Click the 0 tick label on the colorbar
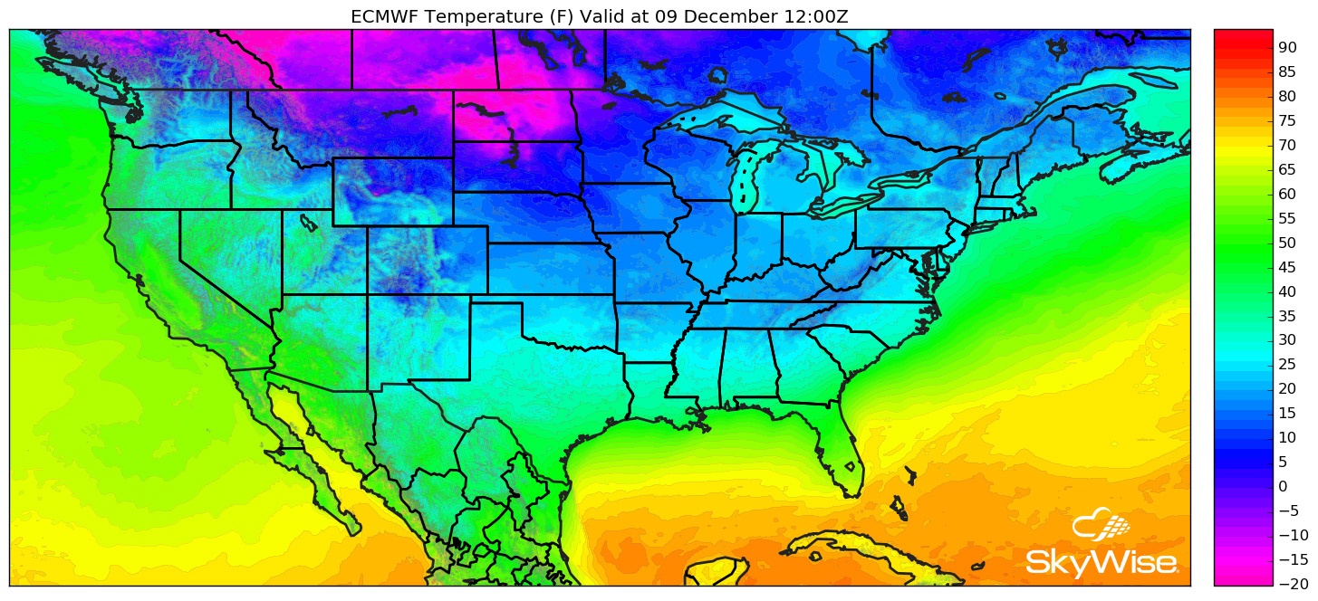pyautogui.click(x=1283, y=486)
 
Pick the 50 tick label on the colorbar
pyautogui.click(x=1288, y=243)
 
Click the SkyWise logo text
pyautogui.click(x=1102, y=562)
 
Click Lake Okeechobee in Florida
pyautogui.click(x=851, y=468)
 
